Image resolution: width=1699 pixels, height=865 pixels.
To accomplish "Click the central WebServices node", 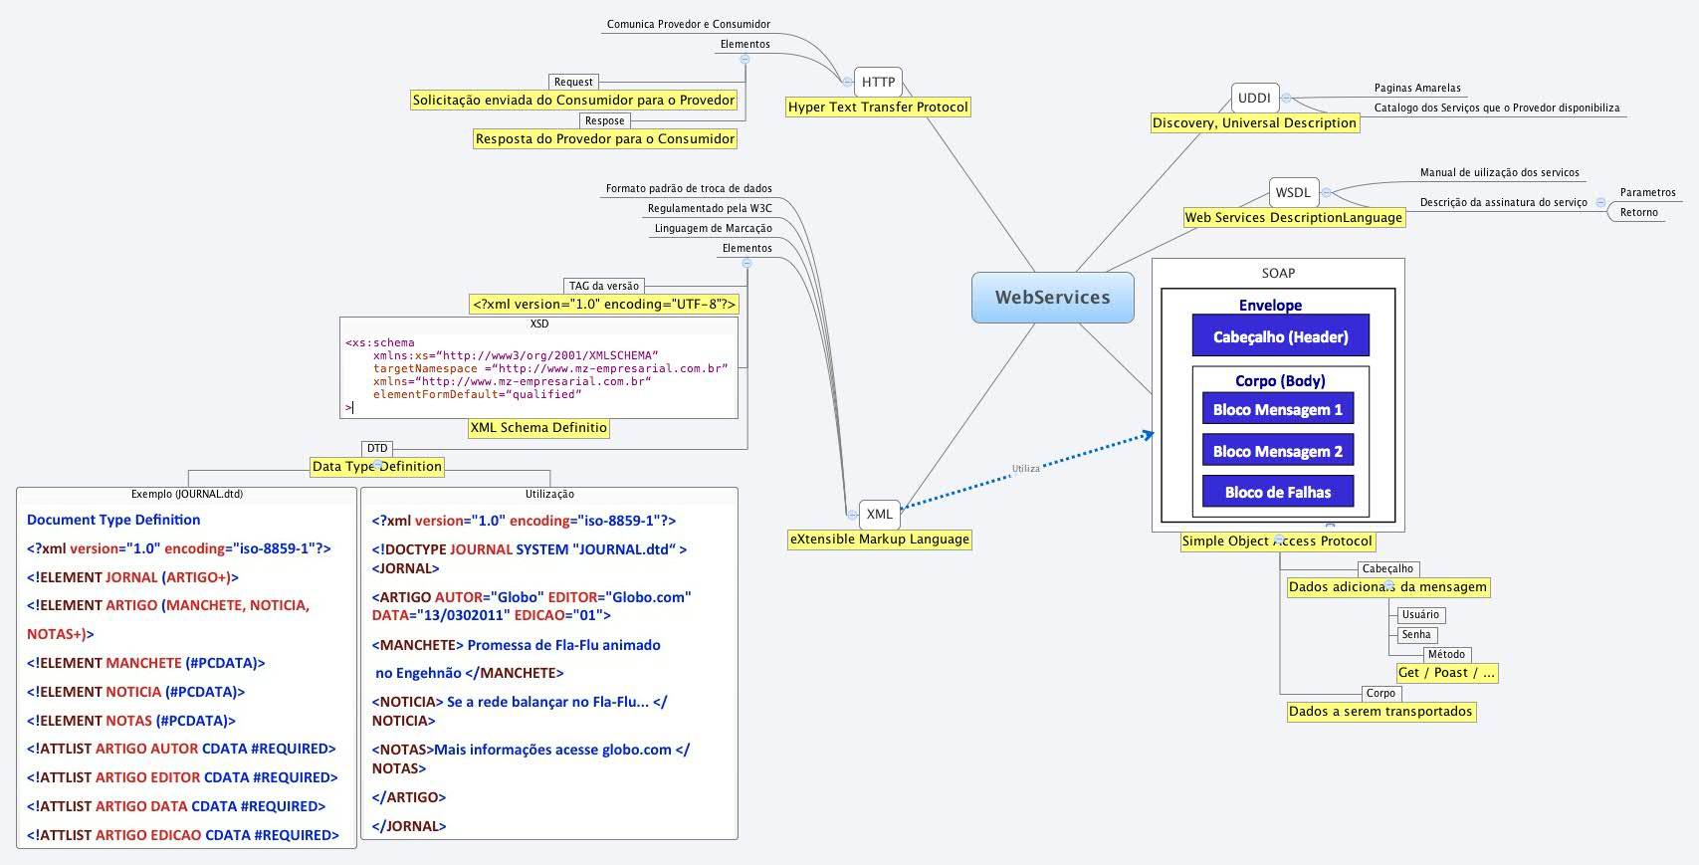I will pyautogui.click(x=1052, y=297).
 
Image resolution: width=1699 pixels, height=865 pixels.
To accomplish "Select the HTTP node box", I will pyautogui.click(x=878, y=82).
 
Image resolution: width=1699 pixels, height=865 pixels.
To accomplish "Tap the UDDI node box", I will pyautogui.click(x=1254, y=98).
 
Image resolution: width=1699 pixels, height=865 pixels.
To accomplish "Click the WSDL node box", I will pyautogui.click(x=1293, y=192).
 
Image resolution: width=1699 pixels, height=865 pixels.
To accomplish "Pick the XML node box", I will pyautogui.click(x=879, y=514).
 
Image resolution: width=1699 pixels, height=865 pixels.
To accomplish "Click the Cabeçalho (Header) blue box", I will pyautogui.click(x=1280, y=336).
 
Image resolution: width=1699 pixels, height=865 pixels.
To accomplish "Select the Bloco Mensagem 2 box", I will pyautogui.click(x=1277, y=451).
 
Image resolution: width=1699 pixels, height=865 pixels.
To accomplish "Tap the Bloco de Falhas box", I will pyautogui.click(x=1277, y=492).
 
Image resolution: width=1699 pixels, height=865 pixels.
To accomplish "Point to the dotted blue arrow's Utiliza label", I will pyautogui.click(x=1025, y=468).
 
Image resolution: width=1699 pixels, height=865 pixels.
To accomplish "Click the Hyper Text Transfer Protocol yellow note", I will pyautogui.click(x=878, y=107).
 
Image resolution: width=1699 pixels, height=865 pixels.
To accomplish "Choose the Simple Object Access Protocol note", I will pyautogui.click(x=1277, y=541).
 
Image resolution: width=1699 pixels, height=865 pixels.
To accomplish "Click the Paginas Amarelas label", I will pyautogui.click(x=1417, y=88).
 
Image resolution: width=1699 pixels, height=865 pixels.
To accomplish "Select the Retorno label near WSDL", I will pyautogui.click(x=1638, y=212).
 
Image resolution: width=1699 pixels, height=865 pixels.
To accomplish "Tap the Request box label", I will pyautogui.click(x=573, y=82).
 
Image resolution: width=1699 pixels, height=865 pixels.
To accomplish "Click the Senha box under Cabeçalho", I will pyautogui.click(x=1415, y=634).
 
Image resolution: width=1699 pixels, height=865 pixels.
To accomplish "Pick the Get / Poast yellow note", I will pyautogui.click(x=1446, y=673).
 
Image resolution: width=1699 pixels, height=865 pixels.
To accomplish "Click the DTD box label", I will pyautogui.click(x=377, y=448).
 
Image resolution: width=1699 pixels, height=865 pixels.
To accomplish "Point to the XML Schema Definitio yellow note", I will pyautogui.click(x=538, y=427).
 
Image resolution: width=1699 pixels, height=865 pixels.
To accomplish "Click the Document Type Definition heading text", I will pyautogui.click(x=113, y=520).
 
